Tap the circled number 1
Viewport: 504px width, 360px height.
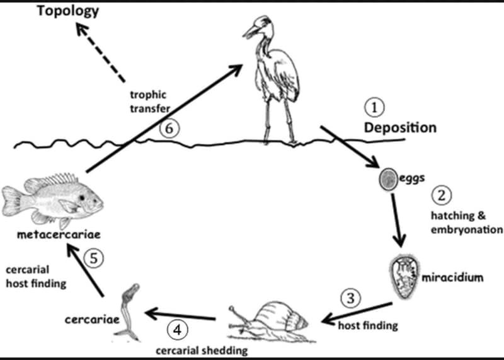point(376,108)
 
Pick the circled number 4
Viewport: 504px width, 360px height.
point(177,328)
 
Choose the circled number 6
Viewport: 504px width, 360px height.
point(169,129)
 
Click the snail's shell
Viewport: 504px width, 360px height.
point(286,313)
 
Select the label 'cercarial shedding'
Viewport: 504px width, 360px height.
point(201,349)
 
